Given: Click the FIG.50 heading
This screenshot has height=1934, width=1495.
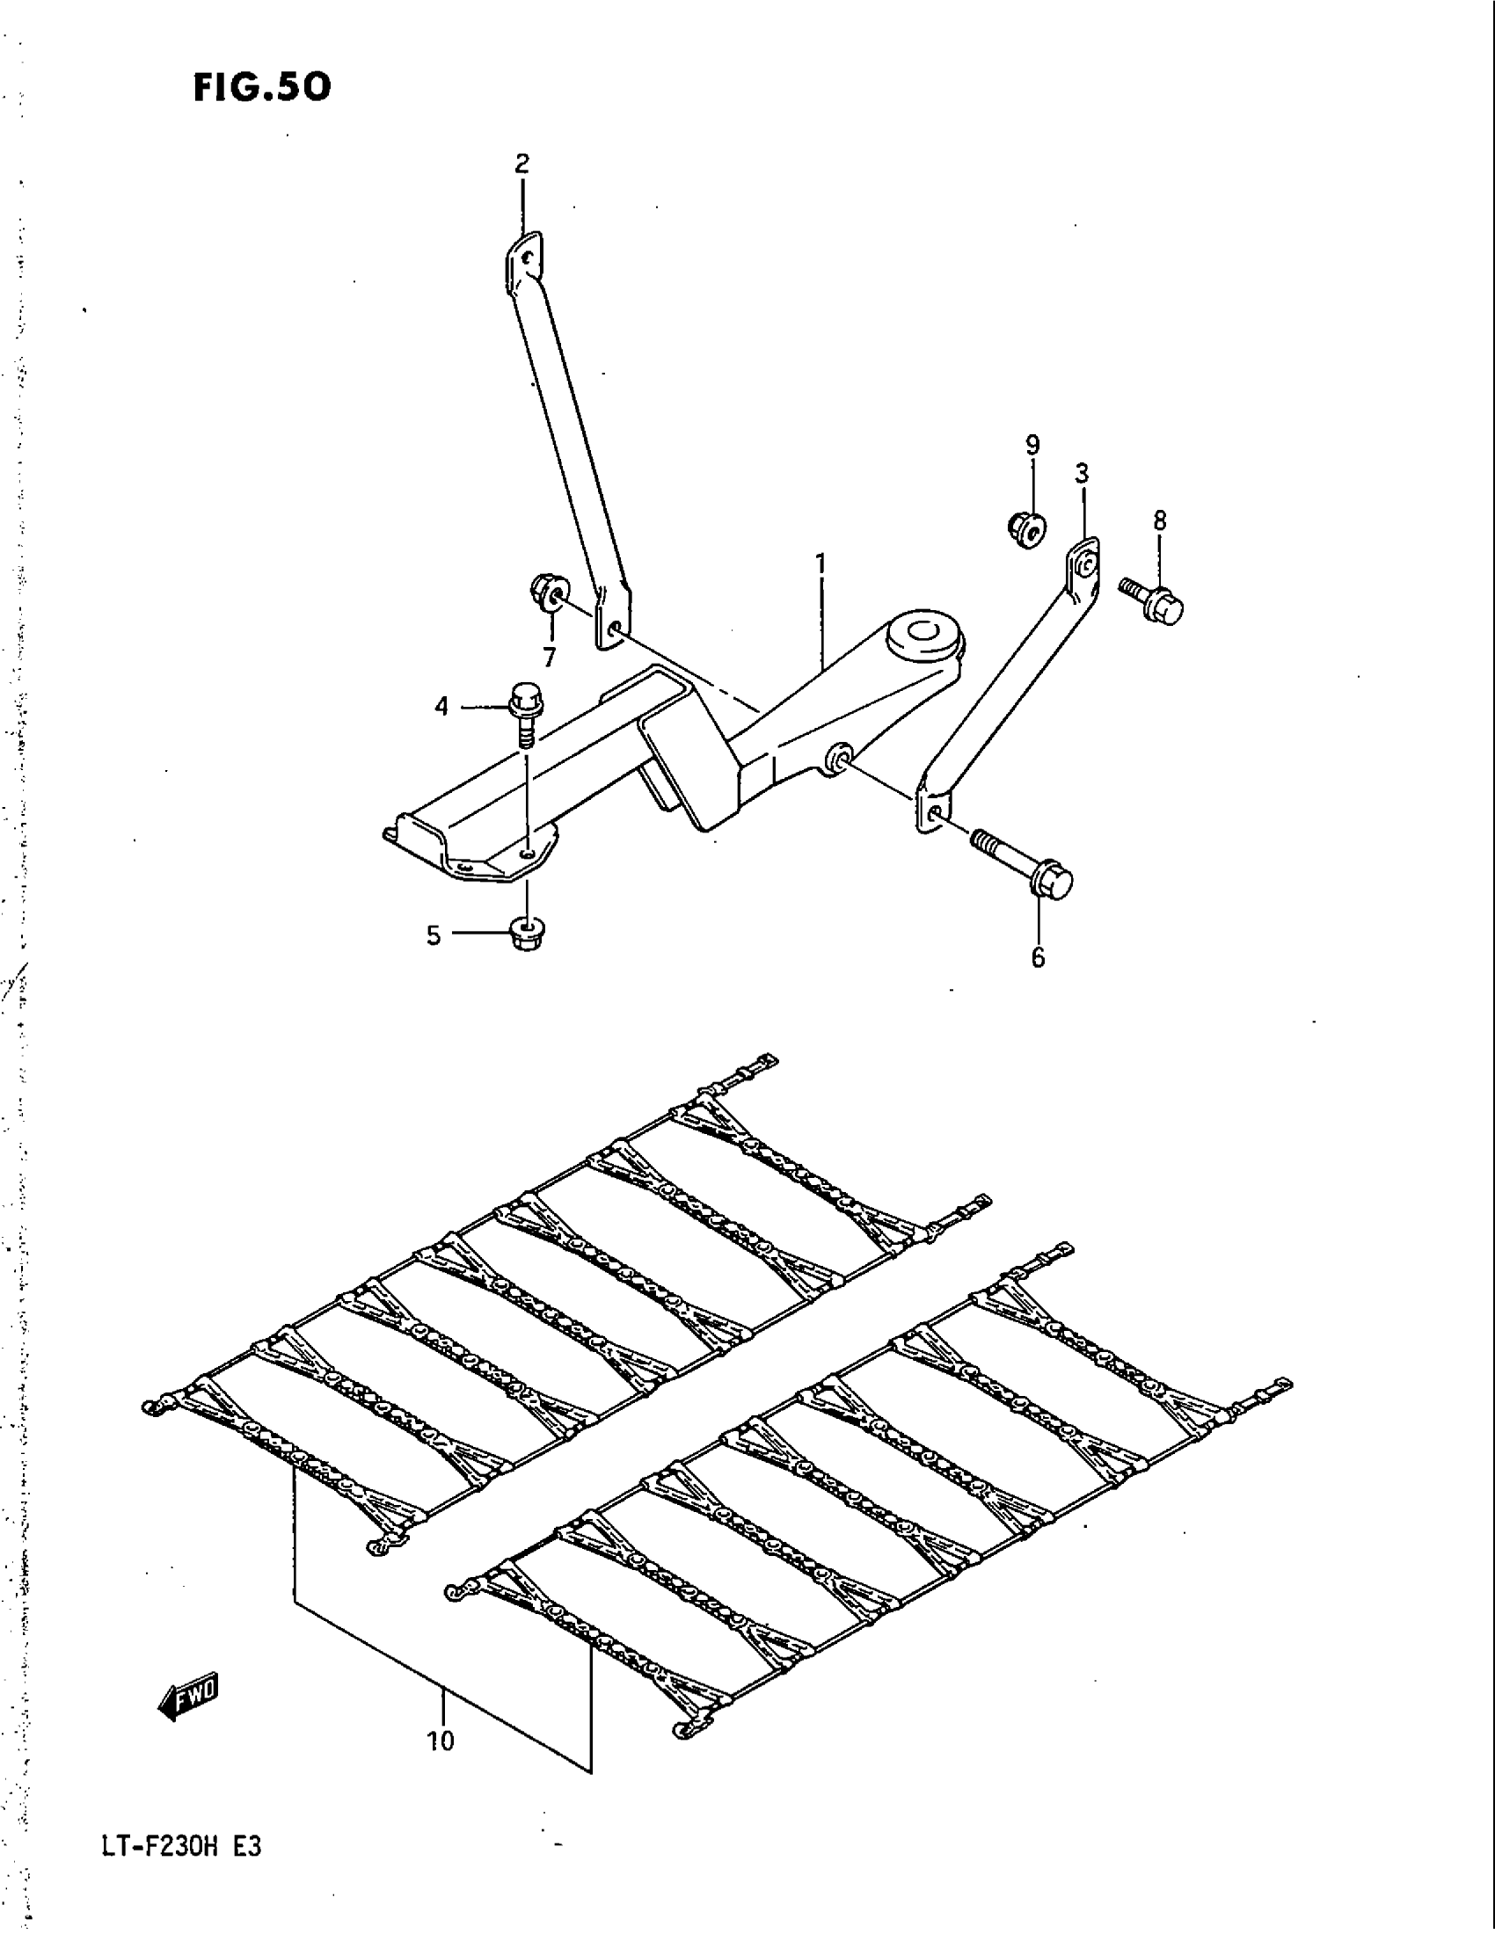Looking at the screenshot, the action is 262,88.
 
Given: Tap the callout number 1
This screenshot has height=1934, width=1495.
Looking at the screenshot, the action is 821,563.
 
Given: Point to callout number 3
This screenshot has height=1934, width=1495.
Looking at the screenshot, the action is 1082,474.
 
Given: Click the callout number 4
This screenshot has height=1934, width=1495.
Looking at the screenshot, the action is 441,706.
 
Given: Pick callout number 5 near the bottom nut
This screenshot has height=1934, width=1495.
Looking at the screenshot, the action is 433,935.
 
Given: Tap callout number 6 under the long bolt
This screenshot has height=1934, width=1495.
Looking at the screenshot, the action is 1037,957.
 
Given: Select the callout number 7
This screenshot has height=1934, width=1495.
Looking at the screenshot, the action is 549,657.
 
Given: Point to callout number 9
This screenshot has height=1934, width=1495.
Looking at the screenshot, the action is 1032,445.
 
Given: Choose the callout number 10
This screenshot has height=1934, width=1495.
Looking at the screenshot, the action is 441,1741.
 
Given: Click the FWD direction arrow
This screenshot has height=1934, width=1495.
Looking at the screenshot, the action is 189,1697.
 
